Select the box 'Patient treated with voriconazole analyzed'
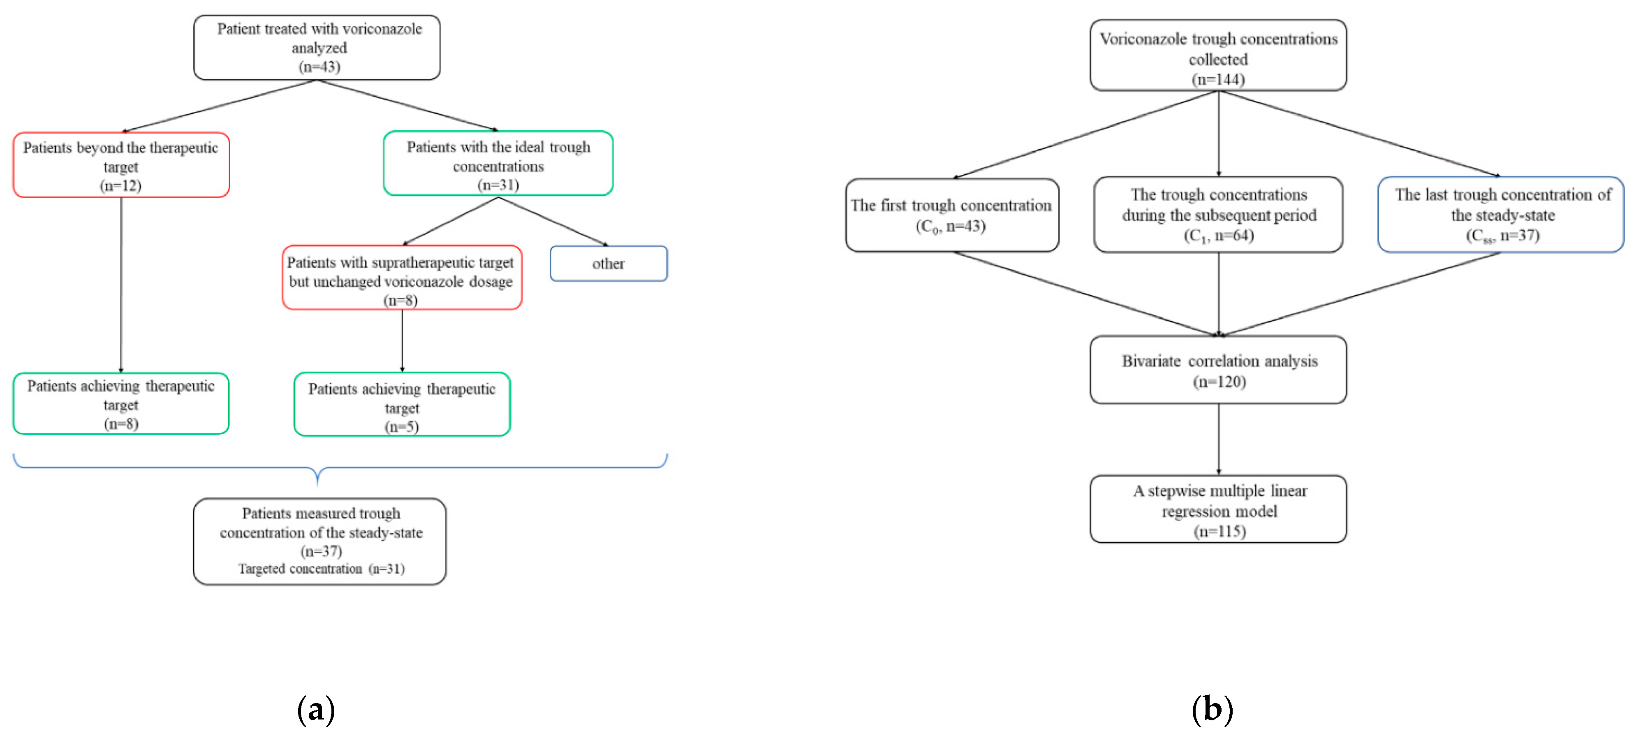pos(317,48)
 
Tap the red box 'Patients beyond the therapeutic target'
pos(120,165)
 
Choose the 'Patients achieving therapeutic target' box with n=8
pos(120,404)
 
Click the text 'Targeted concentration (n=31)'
pos(322,569)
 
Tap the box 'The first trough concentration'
pos(951,215)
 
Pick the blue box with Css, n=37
pos(1501,215)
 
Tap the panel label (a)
pos(316,709)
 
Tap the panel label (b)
pos(1212,709)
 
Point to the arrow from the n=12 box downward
pos(120,286)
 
